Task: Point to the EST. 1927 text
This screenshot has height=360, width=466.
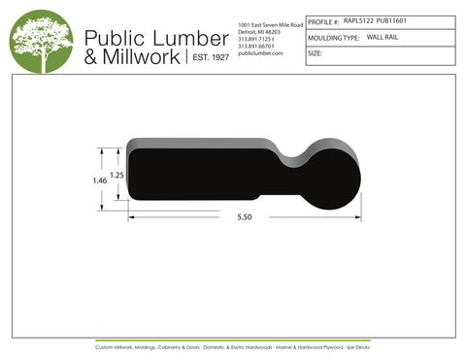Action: [207, 58]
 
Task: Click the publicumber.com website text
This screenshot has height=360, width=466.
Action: [259, 52]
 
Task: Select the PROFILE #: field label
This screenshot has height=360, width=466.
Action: [323, 19]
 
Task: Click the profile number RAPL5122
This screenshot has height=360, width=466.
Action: [359, 18]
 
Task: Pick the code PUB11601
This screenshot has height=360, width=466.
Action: [394, 18]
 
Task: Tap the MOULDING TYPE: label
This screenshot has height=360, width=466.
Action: [333, 37]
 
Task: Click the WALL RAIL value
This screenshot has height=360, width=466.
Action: [383, 36]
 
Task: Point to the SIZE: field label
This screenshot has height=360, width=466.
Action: [316, 53]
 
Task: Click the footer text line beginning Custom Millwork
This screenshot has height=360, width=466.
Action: [233, 346]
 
